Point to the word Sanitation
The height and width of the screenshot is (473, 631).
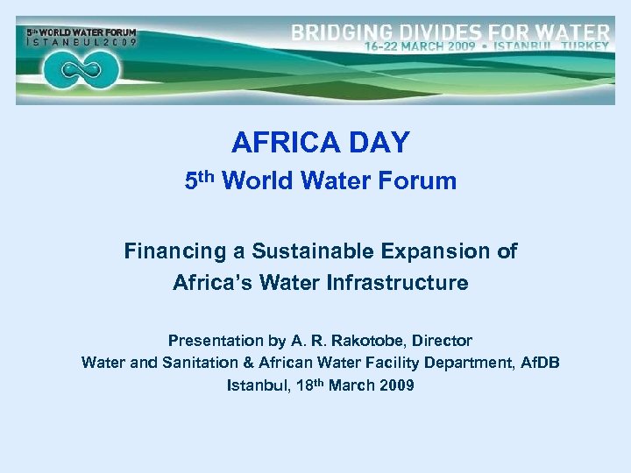click(x=198, y=363)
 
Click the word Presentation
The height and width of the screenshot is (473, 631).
click(x=215, y=341)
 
